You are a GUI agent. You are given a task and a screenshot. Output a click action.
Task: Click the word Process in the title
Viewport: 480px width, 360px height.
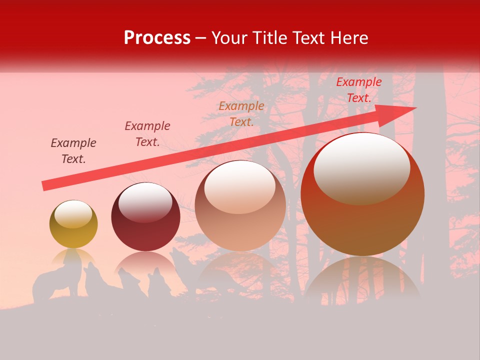[157, 38]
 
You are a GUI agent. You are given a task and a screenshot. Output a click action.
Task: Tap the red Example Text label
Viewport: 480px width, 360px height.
[359, 90]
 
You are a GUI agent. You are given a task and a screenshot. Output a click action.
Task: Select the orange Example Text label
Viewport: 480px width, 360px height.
[241, 113]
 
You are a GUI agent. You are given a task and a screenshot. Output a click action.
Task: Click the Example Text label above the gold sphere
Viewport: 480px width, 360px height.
[73, 151]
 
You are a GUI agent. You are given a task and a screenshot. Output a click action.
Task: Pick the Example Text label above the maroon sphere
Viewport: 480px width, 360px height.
[147, 134]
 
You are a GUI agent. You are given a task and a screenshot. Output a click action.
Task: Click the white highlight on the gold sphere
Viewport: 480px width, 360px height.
[73, 214]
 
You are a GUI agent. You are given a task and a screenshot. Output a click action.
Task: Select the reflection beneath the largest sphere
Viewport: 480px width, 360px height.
[362, 280]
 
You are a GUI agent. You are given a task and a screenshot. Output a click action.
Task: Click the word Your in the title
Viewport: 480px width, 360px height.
[228, 38]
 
